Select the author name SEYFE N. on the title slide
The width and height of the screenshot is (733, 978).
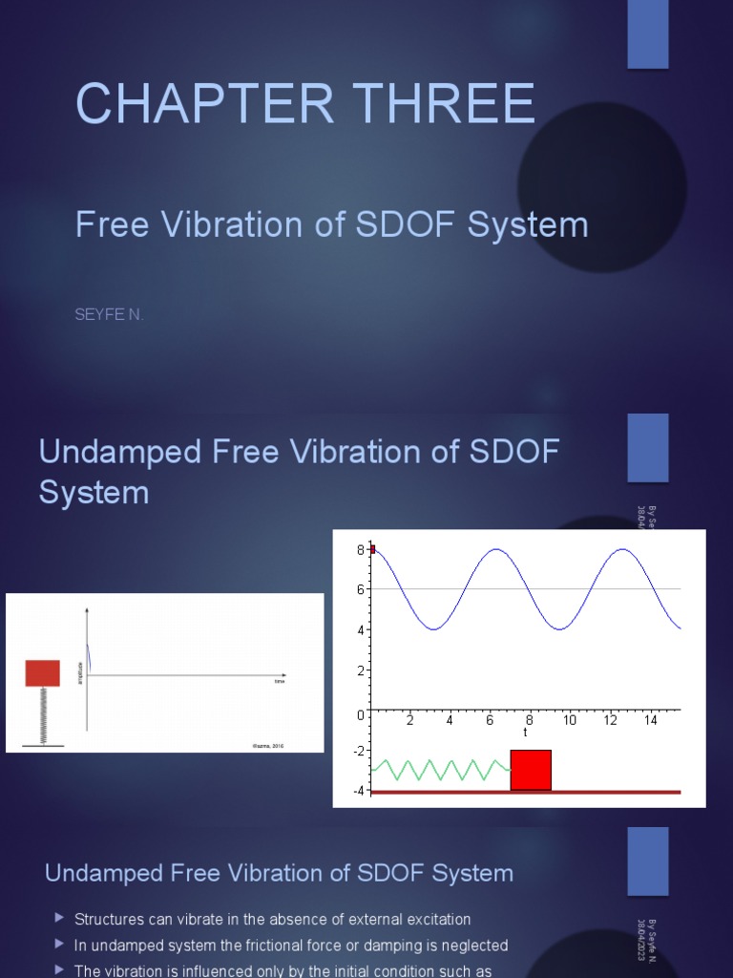coord(110,315)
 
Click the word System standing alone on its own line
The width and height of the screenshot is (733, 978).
coord(94,493)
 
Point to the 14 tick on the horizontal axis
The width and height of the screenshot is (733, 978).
coord(651,720)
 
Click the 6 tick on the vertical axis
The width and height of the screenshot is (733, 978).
coord(361,589)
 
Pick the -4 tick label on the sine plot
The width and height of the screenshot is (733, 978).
coord(358,790)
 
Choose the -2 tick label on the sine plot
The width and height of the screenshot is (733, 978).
coord(358,751)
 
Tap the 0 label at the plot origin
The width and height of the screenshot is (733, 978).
coord(360,714)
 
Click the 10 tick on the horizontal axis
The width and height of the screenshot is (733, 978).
coord(570,720)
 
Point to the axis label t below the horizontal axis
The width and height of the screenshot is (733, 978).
coord(525,733)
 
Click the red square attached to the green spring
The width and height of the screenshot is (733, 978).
coord(531,770)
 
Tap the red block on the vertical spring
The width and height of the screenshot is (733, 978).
coord(42,672)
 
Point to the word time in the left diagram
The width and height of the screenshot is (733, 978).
coord(280,682)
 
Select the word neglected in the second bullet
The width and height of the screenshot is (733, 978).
coord(471,946)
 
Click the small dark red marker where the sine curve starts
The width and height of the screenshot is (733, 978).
coord(372,549)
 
